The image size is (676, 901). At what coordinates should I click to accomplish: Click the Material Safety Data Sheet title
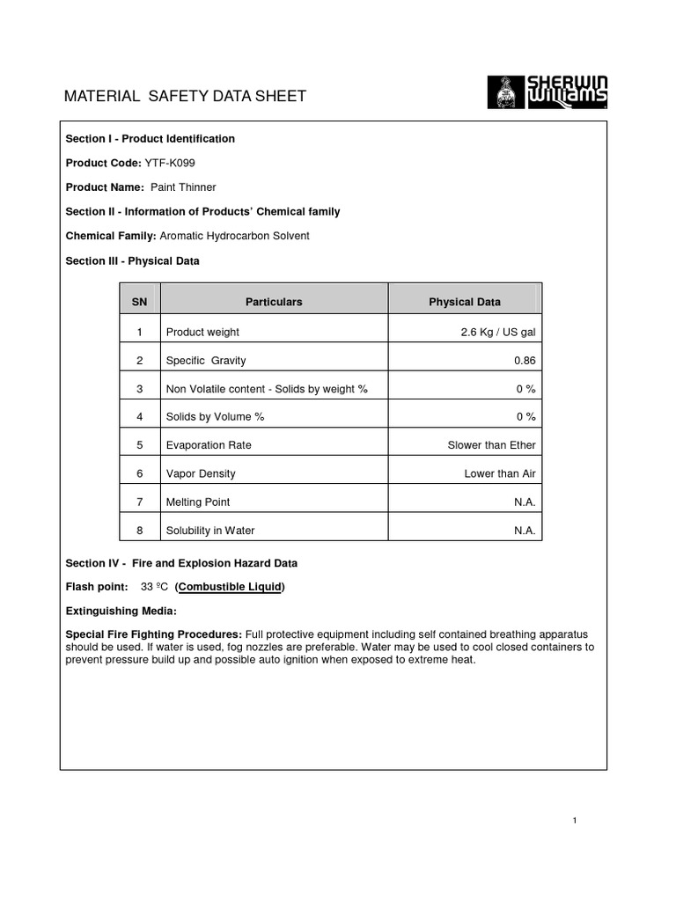[186, 96]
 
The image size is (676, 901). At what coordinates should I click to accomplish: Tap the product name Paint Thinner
[183, 187]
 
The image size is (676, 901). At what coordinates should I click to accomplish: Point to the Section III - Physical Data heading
[133, 260]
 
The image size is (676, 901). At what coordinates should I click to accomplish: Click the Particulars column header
[274, 302]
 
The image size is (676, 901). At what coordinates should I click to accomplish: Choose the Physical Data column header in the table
[465, 302]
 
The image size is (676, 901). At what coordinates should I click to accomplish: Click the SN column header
[139, 302]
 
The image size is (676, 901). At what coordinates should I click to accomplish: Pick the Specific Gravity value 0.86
[525, 361]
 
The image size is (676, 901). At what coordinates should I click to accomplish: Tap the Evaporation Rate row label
[209, 445]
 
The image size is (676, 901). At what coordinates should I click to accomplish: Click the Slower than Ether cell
[491, 445]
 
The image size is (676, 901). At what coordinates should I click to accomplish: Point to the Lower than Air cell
[500, 473]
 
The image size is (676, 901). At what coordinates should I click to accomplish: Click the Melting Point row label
[198, 502]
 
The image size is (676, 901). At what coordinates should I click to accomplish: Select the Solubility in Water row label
[210, 531]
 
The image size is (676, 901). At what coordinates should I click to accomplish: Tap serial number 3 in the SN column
[139, 389]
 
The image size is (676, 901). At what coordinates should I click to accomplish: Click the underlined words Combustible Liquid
[230, 587]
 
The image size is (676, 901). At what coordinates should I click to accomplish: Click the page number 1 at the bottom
[574, 821]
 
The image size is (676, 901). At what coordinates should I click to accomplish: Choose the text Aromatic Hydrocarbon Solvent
[235, 236]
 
